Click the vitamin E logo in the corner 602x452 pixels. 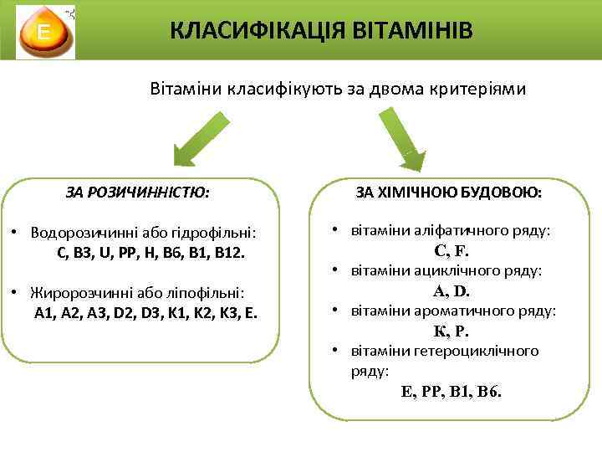(46, 33)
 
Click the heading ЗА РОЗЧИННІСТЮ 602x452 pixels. (137, 193)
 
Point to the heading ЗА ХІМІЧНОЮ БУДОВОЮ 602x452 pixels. (448, 193)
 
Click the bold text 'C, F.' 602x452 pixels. (452, 249)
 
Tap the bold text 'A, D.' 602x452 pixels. (451, 291)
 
